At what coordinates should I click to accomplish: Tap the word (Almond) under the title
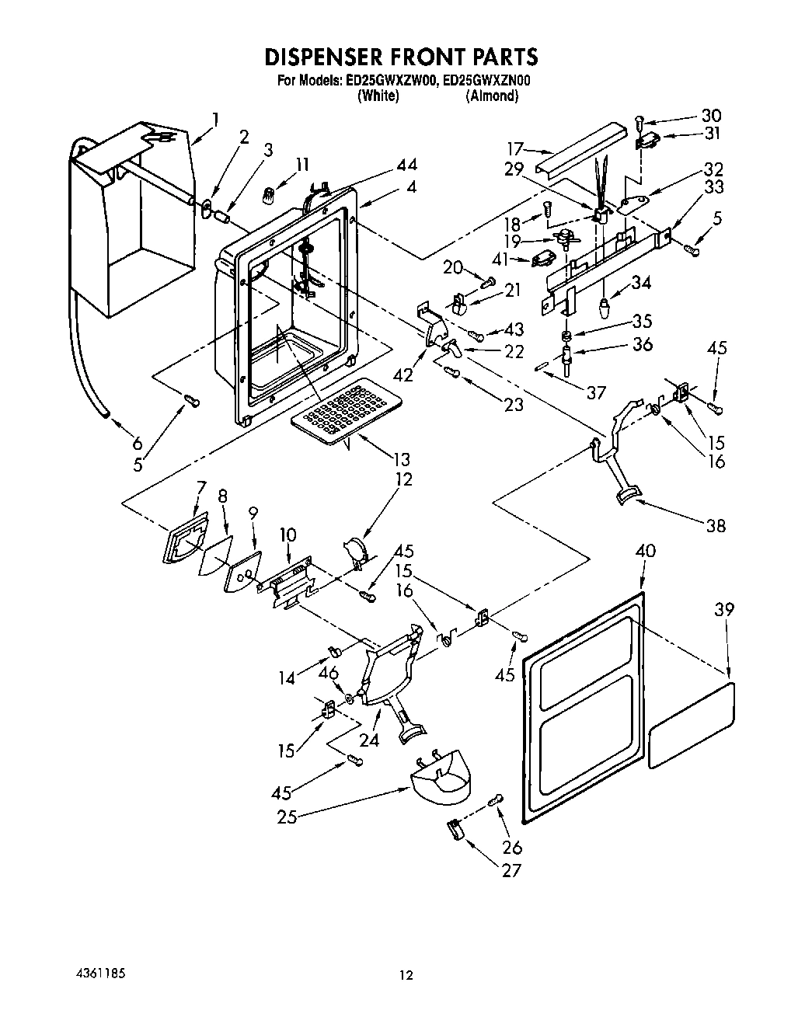click(x=492, y=96)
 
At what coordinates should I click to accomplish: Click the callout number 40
click(x=645, y=552)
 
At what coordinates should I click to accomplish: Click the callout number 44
click(x=406, y=164)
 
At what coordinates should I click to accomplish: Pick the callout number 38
click(x=716, y=525)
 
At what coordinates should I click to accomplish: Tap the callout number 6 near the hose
click(x=138, y=443)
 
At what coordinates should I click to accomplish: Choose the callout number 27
click(x=511, y=870)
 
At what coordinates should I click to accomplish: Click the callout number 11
click(x=301, y=164)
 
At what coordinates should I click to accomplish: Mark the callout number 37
click(x=596, y=392)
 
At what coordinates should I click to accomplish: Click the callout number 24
click(x=368, y=740)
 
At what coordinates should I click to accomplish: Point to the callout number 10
click(x=288, y=535)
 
